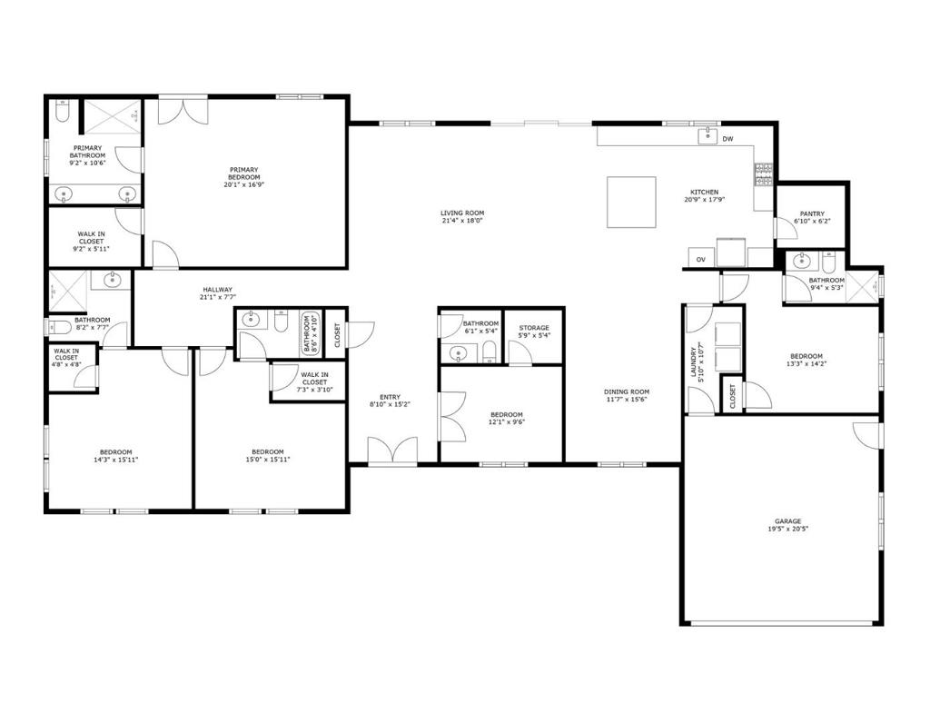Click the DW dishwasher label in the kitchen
coord(727,139)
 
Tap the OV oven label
coord(700,260)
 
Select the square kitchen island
coord(631,202)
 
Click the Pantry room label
coord(811,214)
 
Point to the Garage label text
coord(787,521)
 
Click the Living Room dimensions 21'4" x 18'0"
coord(461,221)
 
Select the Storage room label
coord(534,328)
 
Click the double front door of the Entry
coord(392,451)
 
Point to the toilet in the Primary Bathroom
coord(61,112)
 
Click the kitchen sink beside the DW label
coord(706,136)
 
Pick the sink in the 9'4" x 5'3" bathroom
coord(801,262)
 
